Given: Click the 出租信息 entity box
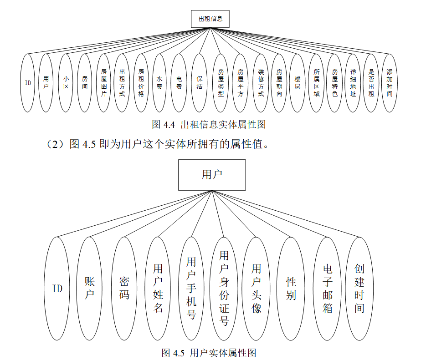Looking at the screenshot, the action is pos(210,19).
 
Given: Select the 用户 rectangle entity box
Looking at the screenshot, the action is pos(212,175).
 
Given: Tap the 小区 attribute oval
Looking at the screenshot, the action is pos(66,83).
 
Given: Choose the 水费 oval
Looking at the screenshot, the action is pos(159,83).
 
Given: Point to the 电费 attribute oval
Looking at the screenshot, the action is pos(179,83).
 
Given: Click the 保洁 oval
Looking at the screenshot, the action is pos(199,83).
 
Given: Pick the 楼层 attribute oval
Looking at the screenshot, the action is pos(298,83).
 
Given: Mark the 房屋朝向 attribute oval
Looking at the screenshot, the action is pos(279,83).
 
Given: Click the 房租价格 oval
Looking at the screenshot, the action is pos(141,83).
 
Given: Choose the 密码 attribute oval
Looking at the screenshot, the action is pos(124,288).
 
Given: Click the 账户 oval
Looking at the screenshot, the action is pos(89,288).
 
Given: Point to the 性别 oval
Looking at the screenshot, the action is pos(291,288).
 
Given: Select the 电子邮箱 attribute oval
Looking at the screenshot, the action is pos(327,288).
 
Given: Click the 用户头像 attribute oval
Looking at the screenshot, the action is pos(257,288).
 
